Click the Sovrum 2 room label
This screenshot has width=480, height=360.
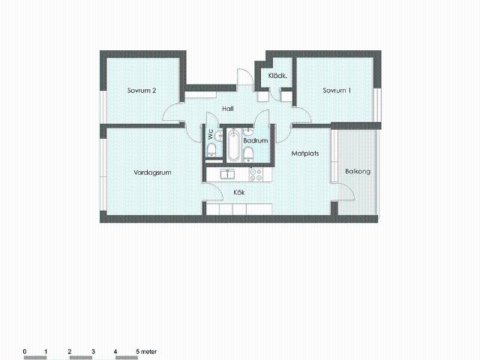click(142, 91)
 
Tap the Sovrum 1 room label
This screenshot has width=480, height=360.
click(337, 91)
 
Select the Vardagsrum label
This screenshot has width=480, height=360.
click(152, 172)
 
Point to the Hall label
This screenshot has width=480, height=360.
click(228, 109)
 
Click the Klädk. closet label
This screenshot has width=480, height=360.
click(277, 76)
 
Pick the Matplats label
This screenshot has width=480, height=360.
click(305, 153)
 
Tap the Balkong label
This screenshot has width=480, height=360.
click(358, 172)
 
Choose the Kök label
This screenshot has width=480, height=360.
click(239, 193)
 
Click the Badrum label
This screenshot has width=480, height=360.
click(256, 141)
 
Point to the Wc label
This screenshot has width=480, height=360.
click(211, 135)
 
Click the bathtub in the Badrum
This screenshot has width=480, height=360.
click(233, 145)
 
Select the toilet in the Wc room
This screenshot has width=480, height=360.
click(211, 150)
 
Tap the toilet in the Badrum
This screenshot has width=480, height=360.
click(248, 154)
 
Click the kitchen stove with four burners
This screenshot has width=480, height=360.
click(256, 174)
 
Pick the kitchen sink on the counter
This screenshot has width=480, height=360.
click(227, 175)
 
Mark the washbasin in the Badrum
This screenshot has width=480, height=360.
click(248, 132)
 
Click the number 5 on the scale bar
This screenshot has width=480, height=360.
click(138, 352)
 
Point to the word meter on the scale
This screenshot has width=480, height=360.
click(149, 352)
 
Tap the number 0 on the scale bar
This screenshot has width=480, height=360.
click(25, 352)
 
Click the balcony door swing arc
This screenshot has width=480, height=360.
click(349, 189)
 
